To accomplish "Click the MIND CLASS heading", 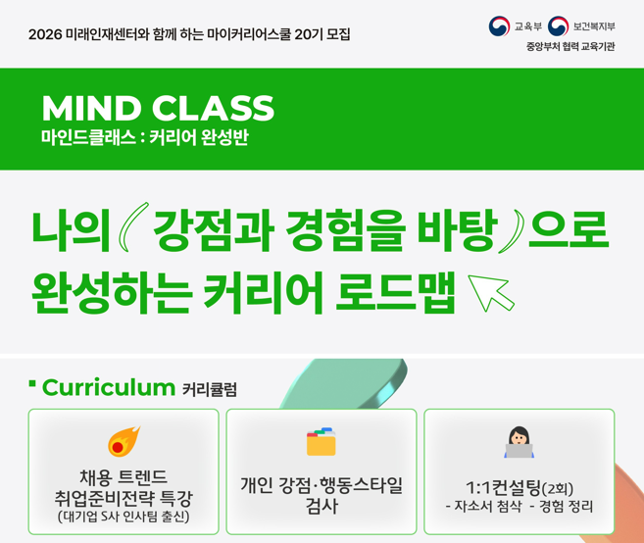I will tap(157, 107).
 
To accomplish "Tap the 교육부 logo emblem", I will tap(499, 25).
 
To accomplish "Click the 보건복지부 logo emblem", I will tap(558, 25).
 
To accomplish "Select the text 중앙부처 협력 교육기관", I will tap(570, 47).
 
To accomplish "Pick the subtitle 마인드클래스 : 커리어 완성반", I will tap(144, 137).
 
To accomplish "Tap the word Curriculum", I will tap(108, 387).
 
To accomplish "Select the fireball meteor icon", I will tap(124, 441).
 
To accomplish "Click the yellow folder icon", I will tap(321, 441).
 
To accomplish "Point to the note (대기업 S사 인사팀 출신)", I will tap(124, 517).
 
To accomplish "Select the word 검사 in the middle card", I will tap(322, 507).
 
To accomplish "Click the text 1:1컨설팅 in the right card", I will tap(506, 487).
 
